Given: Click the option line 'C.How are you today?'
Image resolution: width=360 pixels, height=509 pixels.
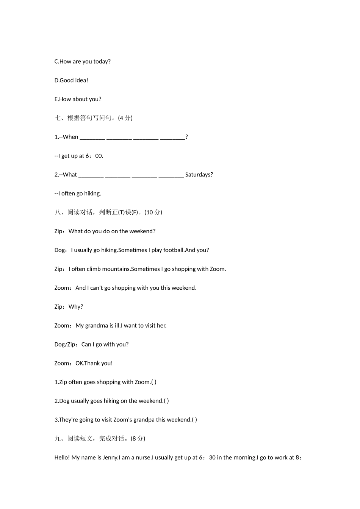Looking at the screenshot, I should click(83, 61).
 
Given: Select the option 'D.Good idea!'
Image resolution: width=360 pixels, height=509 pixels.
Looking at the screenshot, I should click(71, 80).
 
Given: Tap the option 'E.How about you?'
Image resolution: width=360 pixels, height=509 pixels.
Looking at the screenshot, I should click(78, 99).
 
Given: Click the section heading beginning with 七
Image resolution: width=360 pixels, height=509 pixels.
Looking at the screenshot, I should click(93, 118).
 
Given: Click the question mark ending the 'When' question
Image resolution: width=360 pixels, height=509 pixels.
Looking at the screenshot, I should click(187, 137).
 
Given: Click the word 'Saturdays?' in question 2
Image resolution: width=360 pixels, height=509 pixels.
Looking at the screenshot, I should click(199, 175).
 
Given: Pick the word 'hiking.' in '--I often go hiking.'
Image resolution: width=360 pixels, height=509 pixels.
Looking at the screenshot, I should click(92, 194).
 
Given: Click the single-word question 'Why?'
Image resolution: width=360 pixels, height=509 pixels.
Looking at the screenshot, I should click(76, 307).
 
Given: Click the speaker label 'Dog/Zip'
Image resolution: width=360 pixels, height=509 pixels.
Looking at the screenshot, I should click(66, 344).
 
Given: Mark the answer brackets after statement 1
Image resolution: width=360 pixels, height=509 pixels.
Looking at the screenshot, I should click(154, 382).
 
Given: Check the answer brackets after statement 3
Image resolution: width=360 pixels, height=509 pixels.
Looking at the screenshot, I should click(194, 420).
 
